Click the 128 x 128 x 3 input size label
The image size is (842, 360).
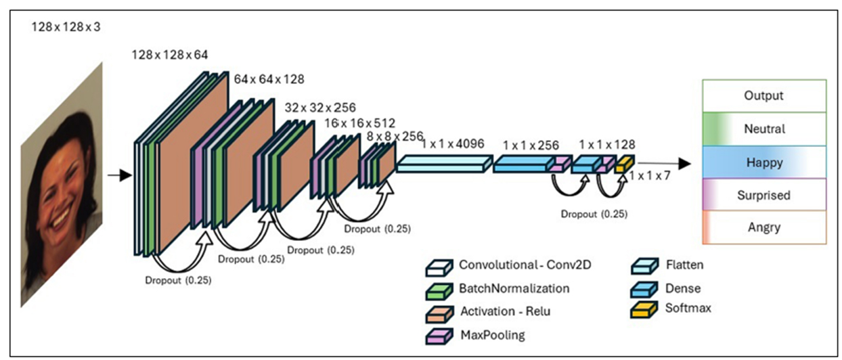(66, 27)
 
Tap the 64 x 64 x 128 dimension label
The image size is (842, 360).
(269, 79)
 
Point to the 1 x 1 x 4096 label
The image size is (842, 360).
(453, 143)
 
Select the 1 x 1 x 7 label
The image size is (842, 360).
(650, 175)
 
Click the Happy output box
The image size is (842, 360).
(764, 162)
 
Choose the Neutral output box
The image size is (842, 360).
(764, 129)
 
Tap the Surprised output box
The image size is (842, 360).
(764, 195)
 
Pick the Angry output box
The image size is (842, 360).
(764, 227)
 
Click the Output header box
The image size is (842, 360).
(764, 96)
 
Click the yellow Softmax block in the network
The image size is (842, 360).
(625, 164)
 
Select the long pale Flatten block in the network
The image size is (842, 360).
(444, 164)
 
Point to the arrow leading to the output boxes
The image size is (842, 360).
(664, 164)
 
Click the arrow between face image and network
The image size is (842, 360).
(120, 175)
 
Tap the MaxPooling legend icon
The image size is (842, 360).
(439, 336)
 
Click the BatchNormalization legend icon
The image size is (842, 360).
(439, 291)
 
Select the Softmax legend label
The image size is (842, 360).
(688, 308)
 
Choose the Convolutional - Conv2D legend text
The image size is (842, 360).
(525, 265)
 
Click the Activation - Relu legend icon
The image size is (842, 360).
(439, 314)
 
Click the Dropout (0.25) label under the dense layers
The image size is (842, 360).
(594, 215)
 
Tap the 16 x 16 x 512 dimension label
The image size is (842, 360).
(360, 123)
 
